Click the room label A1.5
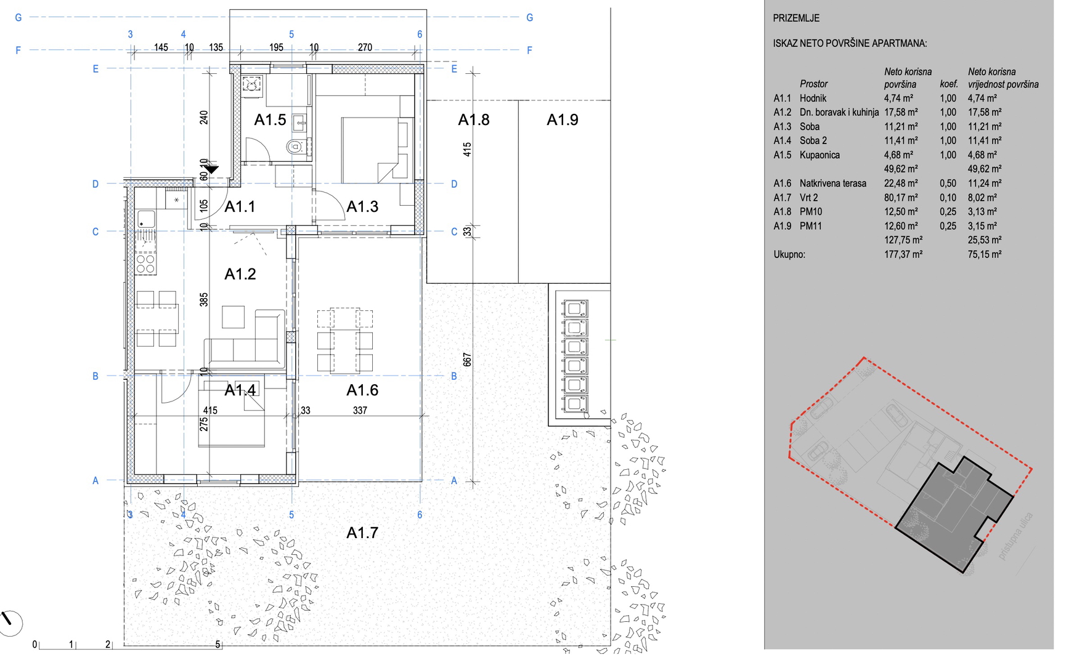click(270, 120)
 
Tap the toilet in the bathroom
click(295, 147)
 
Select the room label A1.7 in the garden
click(362, 533)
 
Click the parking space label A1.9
click(563, 120)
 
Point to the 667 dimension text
click(466, 360)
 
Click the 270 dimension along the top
click(365, 47)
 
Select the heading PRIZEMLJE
click(796, 18)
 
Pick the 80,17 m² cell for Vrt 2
click(901, 198)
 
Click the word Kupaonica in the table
click(820, 155)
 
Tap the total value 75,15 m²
click(985, 254)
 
